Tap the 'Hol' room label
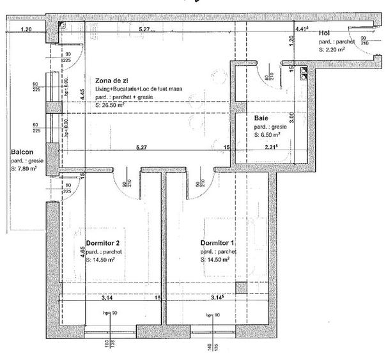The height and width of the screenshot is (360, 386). (x=325, y=32)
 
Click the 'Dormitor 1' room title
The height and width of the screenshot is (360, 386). (x=217, y=244)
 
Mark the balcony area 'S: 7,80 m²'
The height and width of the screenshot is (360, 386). (x=24, y=169)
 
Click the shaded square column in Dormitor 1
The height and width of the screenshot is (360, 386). (x=240, y=288)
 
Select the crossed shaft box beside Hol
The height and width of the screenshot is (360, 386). (x=302, y=74)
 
